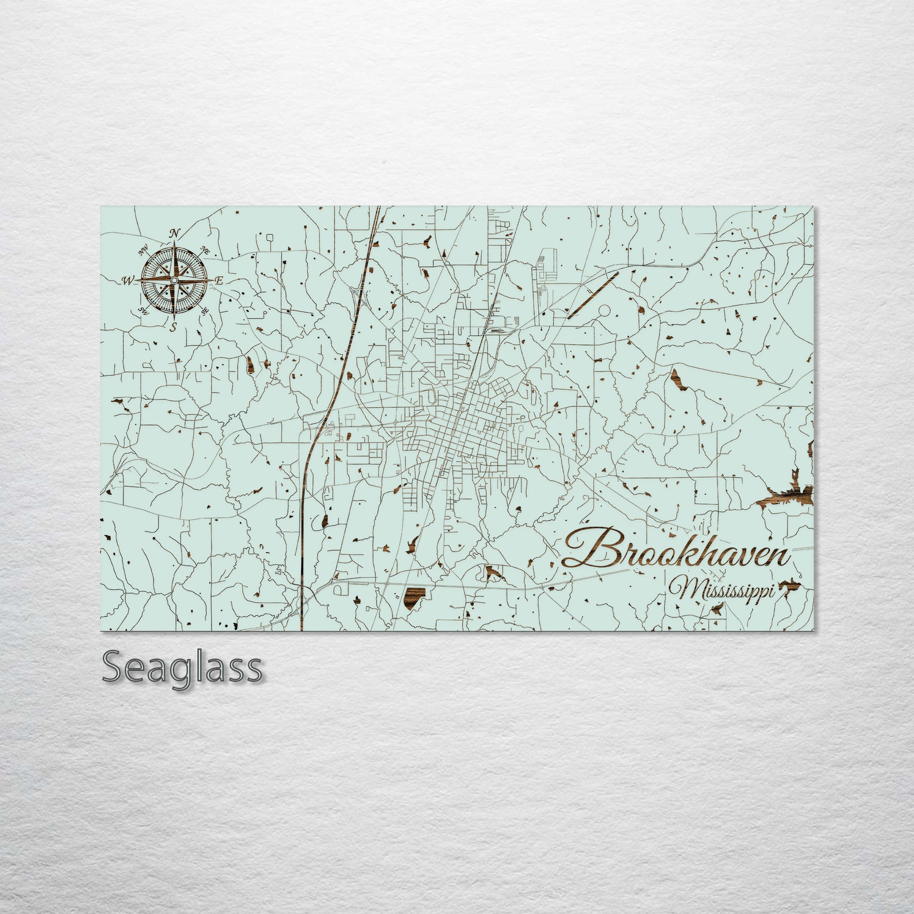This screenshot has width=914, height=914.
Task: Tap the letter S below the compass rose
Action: point(174,327)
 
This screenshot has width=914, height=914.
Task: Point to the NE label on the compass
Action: point(205,250)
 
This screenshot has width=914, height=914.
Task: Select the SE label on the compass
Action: point(205,311)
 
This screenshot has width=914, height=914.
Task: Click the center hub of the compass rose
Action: point(174,280)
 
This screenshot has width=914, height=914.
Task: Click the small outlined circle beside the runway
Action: point(604,310)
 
